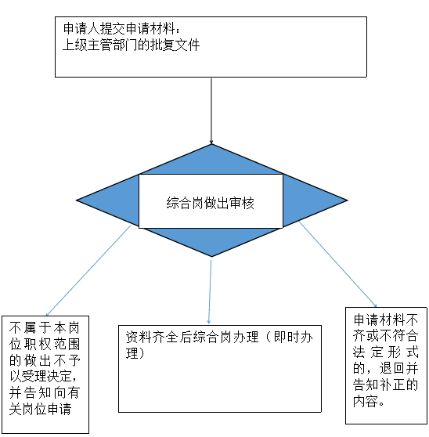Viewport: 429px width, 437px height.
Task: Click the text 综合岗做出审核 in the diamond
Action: point(211,203)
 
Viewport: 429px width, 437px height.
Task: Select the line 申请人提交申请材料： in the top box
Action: point(122,28)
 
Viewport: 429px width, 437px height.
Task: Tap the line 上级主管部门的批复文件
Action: point(131,45)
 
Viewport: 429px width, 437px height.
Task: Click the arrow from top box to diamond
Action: point(211,111)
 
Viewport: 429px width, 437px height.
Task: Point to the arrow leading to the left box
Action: point(88,270)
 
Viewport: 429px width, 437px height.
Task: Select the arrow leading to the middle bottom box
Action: point(210,292)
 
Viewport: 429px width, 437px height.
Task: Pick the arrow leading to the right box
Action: point(338,264)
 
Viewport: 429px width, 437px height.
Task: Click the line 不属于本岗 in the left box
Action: point(45,327)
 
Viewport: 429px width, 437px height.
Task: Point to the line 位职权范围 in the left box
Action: point(45,344)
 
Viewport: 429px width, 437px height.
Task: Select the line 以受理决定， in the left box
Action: point(43,377)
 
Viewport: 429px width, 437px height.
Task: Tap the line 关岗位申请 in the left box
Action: point(41,409)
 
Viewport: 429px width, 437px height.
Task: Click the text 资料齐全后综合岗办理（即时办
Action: point(219,337)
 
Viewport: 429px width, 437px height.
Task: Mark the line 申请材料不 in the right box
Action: point(386,320)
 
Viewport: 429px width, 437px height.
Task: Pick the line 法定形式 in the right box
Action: point(386,352)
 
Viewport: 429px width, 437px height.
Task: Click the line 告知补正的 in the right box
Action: point(386,385)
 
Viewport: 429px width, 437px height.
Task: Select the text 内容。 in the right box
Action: point(369,401)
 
